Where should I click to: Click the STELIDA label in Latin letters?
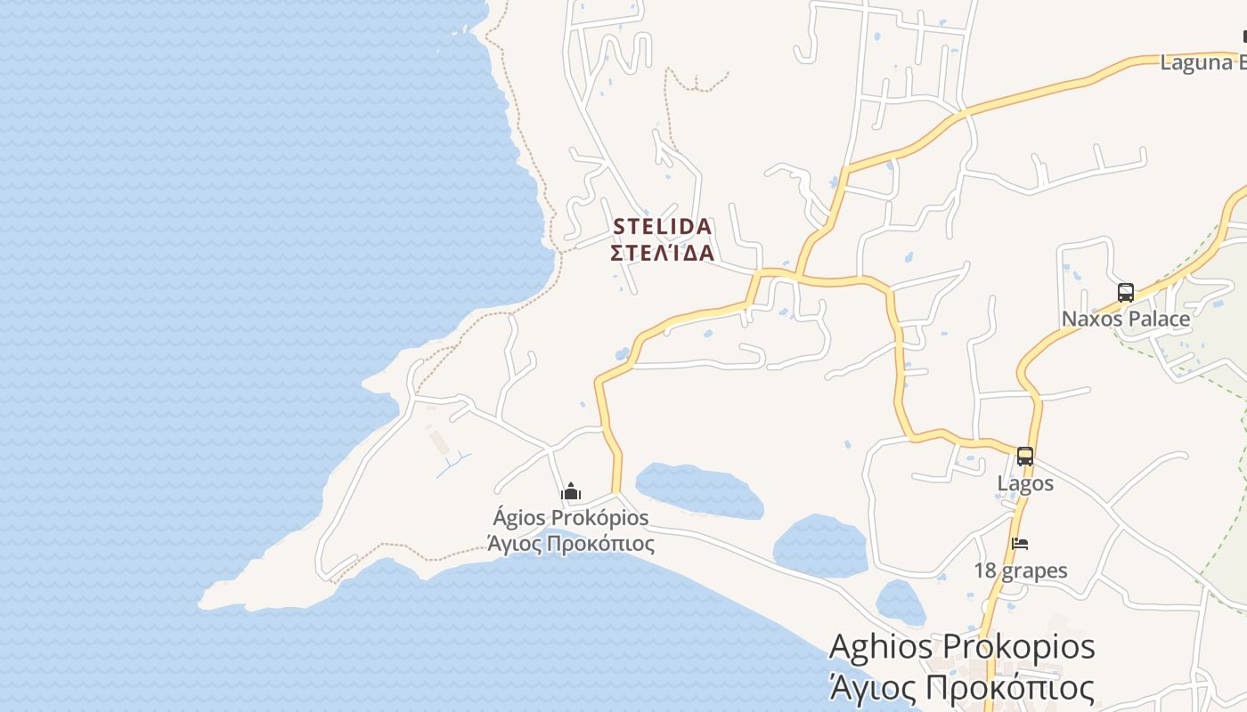click(x=663, y=227)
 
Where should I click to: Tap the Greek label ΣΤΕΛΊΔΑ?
click(x=663, y=253)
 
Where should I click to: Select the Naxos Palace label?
click(x=1125, y=319)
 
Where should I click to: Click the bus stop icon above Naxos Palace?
click(x=1125, y=293)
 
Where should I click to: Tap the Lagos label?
click(x=1025, y=483)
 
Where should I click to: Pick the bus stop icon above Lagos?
click(x=1025, y=457)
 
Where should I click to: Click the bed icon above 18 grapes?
click(x=1020, y=544)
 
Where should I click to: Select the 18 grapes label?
click(x=1020, y=570)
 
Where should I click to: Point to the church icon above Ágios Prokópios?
click(x=571, y=491)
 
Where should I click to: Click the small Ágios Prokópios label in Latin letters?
click(x=571, y=517)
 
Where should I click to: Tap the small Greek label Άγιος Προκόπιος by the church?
click(x=571, y=543)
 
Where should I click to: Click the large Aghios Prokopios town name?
click(x=962, y=646)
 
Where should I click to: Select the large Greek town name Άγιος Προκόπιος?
click(x=962, y=687)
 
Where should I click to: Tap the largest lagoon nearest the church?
click(x=699, y=489)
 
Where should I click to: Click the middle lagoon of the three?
click(x=819, y=545)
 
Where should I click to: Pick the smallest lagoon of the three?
click(x=900, y=603)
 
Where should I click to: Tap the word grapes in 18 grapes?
click(x=1037, y=570)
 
